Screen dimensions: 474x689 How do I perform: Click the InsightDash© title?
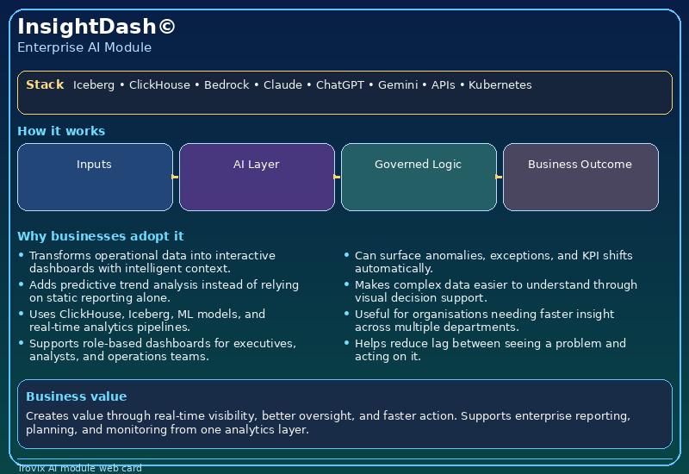pyautogui.click(x=96, y=27)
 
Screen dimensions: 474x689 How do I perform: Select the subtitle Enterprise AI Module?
pyautogui.click(x=84, y=47)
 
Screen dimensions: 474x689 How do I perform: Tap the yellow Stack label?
pyautogui.click(x=45, y=84)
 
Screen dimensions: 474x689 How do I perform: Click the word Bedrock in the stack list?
pyautogui.click(x=227, y=85)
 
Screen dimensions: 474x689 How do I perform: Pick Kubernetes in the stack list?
pyautogui.click(x=500, y=85)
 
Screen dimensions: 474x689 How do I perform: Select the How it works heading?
pyautogui.click(x=61, y=131)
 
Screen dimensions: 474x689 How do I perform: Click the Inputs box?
pyautogui.click(x=95, y=177)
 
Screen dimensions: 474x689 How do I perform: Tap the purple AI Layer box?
pyautogui.click(x=257, y=177)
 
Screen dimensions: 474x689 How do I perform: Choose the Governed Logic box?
pyautogui.click(x=419, y=177)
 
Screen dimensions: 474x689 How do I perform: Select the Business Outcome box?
pyautogui.click(x=580, y=177)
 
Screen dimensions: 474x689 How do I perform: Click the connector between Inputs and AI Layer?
pyautogui.click(x=176, y=177)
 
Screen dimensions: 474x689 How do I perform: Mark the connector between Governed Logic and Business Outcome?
pyautogui.click(x=500, y=177)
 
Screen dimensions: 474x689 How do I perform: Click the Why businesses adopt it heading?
pyautogui.click(x=100, y=236)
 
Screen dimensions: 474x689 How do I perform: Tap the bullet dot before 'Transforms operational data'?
pyautogui.click(x=22, y=255)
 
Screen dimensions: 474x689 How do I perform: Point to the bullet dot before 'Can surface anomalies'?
pyautogui.click(x=346, y=255)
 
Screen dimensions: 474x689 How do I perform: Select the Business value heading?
pyautogui.click(x=76, y=396)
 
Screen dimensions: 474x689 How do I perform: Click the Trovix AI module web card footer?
pyautogui.click(x=79, y=468)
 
